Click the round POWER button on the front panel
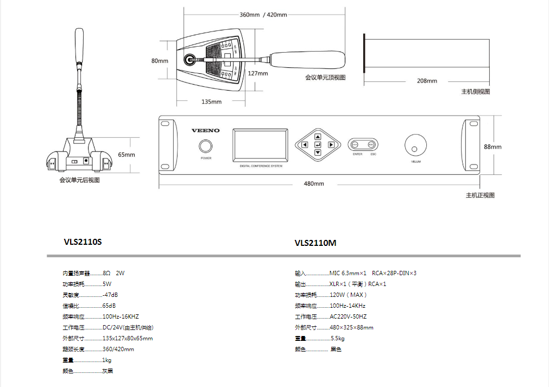(x=206, y=146)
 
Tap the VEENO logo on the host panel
(x=206, y=130)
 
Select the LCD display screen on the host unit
(x=260, y=145)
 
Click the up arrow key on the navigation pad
(x=318, y=137)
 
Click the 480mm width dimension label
(x=314, y=183)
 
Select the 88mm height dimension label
(x=492, y=147)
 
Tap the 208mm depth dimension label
(x=427, y=81)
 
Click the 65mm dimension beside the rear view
(x=126, y=155)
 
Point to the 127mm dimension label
(x=258, y=73)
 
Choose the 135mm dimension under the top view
(x=211, y=101)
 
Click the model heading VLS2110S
(x=83, y=242)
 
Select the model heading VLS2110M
(x=315, y=243)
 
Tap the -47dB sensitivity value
(x=110, y=295)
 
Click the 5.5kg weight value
(x=338, y=338)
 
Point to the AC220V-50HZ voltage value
(x=348, y=316)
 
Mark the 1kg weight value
(x=107, y=360)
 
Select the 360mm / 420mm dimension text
(x=263, y=15)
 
